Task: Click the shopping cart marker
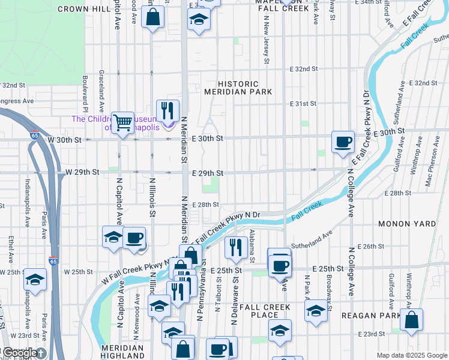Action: click(123, 123)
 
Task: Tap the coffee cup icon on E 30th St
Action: click(343, 142)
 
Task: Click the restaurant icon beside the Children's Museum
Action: click(167, 111)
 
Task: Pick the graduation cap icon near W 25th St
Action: click(35, 280)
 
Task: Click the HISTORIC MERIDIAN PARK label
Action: click(238, 88)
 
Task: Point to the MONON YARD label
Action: click(406, 224)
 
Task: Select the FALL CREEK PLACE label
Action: click(265, 311)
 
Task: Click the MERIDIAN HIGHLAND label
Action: click(122, 352)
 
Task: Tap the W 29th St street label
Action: click(82, 172)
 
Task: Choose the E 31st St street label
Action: click(303, 104)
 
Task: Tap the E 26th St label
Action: click(370, 247)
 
